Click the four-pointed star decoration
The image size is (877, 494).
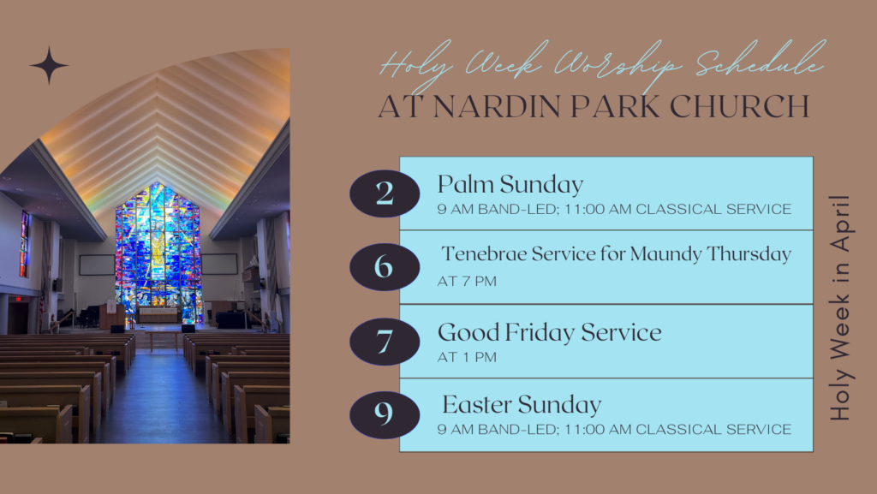(49, 65)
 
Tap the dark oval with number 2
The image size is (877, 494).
(385, 193)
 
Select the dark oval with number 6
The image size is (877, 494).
(385, 266)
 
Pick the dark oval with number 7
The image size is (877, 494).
(385, 342)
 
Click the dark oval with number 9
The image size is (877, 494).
(385, 414)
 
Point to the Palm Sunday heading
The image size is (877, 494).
(510, 185)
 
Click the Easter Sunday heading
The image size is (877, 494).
(522, 405)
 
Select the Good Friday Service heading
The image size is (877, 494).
(549, 332)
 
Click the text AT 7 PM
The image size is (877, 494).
(467, 281)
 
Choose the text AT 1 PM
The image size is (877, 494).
(467, 357)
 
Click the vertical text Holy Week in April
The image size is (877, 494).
(840, 308)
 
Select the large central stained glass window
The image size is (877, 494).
(158, 254)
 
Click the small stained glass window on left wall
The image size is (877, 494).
(24, 244)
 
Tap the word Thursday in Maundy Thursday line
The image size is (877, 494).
(749, 254)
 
